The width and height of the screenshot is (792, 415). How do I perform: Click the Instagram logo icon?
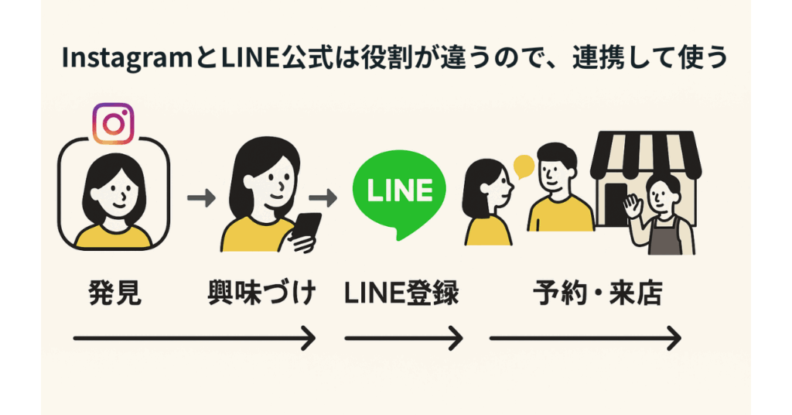[x=113, y=123]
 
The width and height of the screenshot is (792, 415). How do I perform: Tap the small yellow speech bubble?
[x=524, y=165]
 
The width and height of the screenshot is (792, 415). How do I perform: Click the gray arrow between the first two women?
[x=201, y=197]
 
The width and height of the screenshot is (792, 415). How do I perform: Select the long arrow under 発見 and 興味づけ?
[x=193, y=338]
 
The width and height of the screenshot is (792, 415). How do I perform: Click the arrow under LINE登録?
[x=403, y=338]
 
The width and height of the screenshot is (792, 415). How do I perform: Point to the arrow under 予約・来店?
[x=585, y=338]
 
